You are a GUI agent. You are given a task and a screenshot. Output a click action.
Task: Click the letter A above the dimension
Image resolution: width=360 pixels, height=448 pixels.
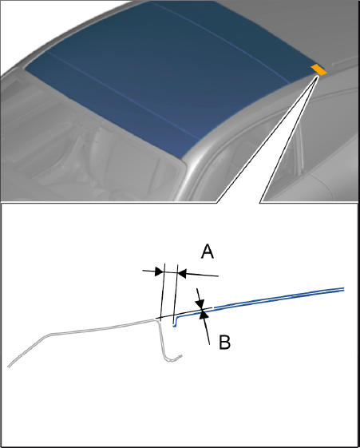[x=208, y=252]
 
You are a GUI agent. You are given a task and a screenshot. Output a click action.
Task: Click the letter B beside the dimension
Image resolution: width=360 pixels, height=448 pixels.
[x=224, y=342]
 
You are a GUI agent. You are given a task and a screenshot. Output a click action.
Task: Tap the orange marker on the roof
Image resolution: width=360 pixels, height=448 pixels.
[x=318, y=69]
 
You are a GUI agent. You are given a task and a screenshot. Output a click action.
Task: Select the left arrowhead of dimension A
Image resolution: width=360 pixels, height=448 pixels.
[x=160, y=272]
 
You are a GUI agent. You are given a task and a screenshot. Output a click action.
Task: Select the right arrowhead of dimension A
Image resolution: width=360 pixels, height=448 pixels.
[x=182, y=273]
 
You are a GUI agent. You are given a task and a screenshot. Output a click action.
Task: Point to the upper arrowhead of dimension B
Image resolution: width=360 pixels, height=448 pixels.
[x=200, y=303]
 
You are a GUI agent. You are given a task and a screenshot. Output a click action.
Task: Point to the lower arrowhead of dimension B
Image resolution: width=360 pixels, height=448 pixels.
[x=204, y=315]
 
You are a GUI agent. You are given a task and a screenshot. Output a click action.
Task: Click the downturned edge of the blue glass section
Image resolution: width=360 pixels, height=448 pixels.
[x=174, y=322]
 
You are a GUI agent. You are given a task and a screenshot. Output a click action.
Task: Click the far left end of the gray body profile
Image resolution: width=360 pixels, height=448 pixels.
[x=9, y=367]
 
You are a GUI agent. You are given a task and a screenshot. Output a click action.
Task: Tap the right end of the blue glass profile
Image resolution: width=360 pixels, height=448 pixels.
[x=343, y=289]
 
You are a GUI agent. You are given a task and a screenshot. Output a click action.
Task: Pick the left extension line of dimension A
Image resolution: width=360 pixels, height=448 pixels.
[x=163, y=292]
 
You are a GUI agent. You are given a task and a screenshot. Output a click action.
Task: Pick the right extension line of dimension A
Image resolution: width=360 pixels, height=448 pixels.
[x=176, y=295]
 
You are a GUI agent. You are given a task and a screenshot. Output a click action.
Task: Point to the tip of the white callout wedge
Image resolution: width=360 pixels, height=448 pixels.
[x=318, y=76]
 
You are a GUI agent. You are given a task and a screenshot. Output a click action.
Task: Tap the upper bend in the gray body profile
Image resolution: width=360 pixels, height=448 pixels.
[x=51, y=334]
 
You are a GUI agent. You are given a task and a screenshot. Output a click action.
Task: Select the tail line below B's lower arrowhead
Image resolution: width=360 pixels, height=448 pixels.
[x=207, y=331]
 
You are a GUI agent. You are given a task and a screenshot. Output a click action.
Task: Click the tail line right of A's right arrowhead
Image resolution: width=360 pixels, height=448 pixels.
[x=202, y=275]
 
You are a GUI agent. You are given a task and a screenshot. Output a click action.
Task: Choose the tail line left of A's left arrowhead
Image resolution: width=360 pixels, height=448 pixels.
[x=149, y=271]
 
